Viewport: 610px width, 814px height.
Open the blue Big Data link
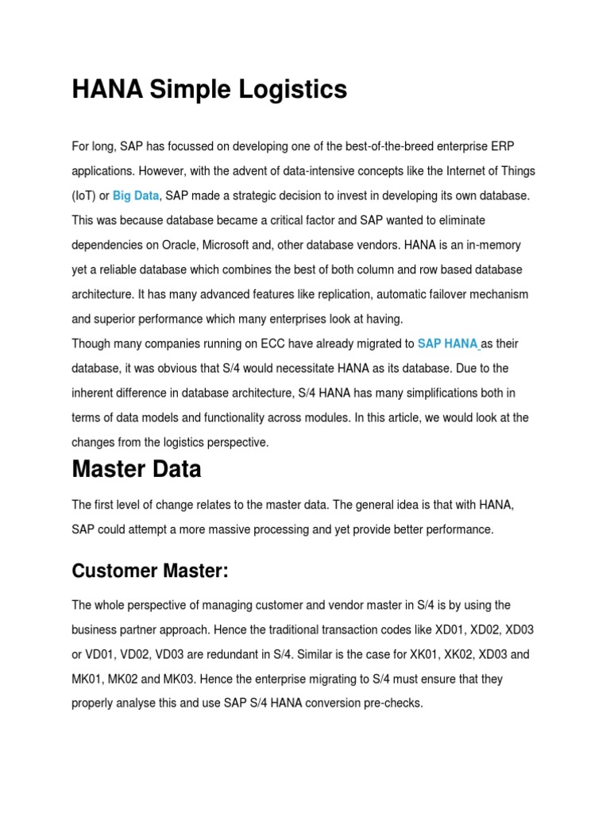pos(136,196)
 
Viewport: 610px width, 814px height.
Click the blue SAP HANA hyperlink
pos(447,343)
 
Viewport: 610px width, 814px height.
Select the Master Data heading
pos(136,470)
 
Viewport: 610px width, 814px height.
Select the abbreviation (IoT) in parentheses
pos(83,196)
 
